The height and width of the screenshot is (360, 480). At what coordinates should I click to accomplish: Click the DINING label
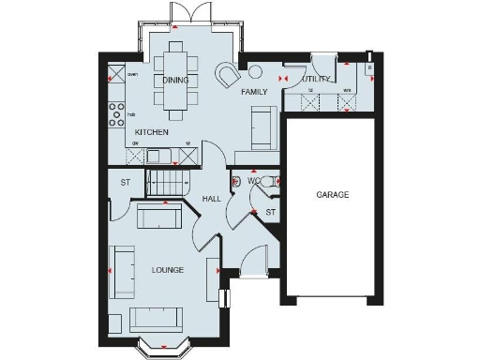tap(175, 81)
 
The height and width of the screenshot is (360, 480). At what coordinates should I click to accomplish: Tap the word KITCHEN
tap(151, 132)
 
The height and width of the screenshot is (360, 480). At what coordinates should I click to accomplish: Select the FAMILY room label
tap(254, 92)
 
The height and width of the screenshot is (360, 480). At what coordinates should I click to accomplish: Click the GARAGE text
tap(332, 195)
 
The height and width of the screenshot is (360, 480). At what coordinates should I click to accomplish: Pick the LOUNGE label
tap(167, 270)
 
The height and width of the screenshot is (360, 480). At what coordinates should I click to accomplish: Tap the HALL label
tap(213, 198)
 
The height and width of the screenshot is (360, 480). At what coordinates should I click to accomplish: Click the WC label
tap(254, 180)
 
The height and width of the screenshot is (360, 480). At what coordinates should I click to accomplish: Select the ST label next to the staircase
tap(124, 182)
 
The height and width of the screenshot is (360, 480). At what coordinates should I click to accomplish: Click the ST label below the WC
tap(270, 213)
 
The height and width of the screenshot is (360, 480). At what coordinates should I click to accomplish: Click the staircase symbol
tap(167, 179)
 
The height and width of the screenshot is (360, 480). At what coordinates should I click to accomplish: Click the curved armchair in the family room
tap(227, 74)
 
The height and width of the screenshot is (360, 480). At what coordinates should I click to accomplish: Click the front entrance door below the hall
tap(253, 274)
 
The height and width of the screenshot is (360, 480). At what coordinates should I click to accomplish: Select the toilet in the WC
tap(273, 182)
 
